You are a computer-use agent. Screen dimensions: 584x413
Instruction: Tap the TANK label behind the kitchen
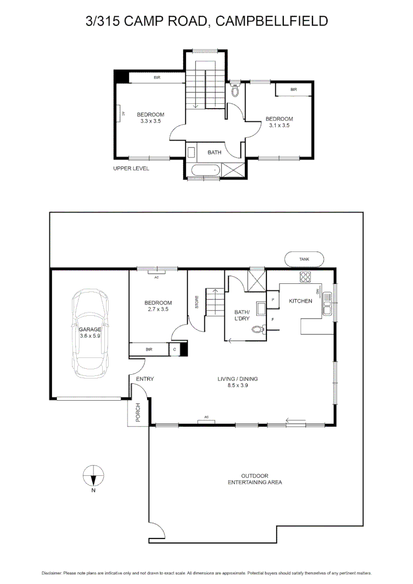tap(305, 260)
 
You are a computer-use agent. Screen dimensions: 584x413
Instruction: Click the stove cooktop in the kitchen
tap(305, 277)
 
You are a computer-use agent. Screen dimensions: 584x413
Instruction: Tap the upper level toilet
tap(235, 90)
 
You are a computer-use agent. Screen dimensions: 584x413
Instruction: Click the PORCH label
tap(138, 412)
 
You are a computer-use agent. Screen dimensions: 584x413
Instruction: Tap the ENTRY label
tap(145, 379)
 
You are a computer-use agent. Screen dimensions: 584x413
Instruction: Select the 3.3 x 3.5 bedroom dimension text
tap(150, 121)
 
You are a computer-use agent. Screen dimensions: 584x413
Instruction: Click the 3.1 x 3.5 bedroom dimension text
tap(279, 125)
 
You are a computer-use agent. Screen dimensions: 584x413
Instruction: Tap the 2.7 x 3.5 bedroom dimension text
tap(158, 310)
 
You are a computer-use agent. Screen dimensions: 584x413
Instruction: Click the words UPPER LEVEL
tap(131, 169)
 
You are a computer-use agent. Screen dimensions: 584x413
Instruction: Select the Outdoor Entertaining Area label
tap(254, 479)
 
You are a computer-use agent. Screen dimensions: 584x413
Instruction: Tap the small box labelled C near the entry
tap(174, 350)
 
